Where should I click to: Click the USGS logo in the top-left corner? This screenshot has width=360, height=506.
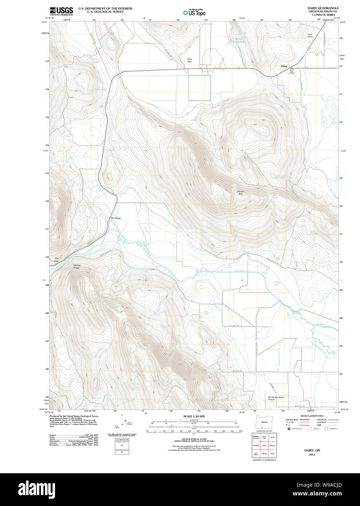[61, 11]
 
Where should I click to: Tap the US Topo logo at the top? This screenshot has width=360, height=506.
[194, 13]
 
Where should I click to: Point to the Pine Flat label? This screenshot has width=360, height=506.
[189, 60]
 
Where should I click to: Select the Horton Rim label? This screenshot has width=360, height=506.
[241, 193]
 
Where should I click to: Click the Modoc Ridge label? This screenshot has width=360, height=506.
[77, 266]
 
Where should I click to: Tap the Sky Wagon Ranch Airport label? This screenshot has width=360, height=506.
[276, 398]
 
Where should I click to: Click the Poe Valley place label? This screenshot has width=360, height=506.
[116, 218]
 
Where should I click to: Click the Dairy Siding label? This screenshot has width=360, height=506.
[310, 36]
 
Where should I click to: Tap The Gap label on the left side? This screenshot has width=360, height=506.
[56, 260]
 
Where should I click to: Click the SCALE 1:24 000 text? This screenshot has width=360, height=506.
[194, 416]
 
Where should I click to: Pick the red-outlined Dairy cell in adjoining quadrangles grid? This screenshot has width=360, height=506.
[264, 445]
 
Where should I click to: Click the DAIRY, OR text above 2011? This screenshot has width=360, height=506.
[312, 450]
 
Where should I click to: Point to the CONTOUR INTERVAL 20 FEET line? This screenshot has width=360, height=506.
[194, 439]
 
